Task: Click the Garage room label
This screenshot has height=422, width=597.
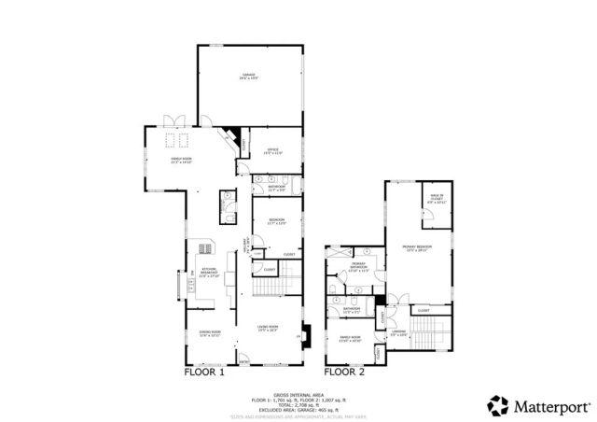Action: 249,77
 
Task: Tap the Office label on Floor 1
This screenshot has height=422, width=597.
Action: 273,151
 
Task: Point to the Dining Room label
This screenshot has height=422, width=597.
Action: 209,333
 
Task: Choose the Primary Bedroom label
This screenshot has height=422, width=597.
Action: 417,247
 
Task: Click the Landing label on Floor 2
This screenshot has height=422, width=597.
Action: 399,332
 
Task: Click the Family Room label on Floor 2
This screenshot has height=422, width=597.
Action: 350,338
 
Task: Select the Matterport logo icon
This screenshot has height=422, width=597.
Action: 499,404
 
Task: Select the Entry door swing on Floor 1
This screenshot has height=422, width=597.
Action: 245,358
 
